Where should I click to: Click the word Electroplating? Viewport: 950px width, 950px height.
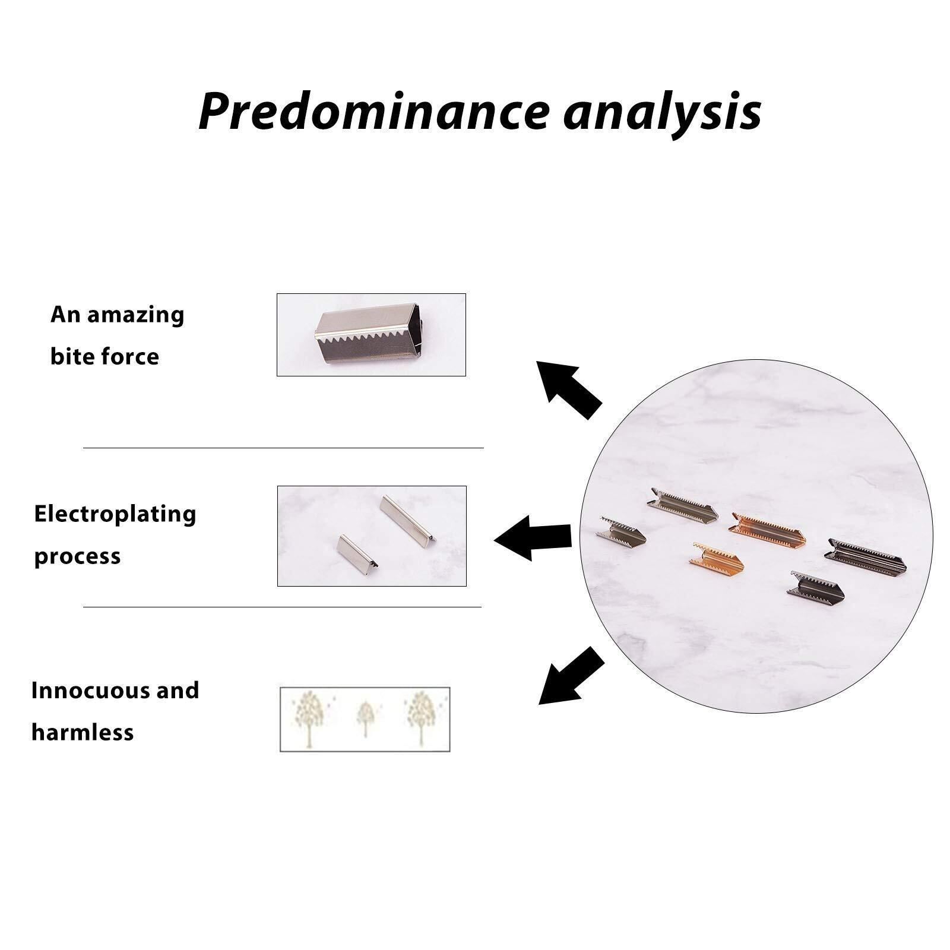click(x=115, y=514)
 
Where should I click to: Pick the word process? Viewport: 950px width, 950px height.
click(x=77, y=556)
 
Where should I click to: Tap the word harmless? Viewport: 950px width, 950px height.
click(x=82, y=732)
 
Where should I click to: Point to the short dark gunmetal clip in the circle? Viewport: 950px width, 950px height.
click(x=816, y=585)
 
